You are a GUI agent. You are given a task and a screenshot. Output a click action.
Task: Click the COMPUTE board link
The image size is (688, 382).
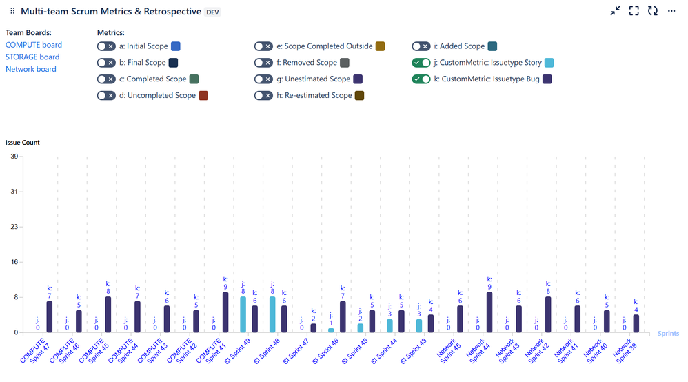(x=33, y=45)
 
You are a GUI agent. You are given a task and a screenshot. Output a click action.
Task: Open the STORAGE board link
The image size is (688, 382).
(x=32, y=57)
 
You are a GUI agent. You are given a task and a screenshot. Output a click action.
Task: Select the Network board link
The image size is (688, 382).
(x=31, y=69)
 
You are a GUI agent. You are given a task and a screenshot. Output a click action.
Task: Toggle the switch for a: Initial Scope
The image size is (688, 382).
(x=106, y=46)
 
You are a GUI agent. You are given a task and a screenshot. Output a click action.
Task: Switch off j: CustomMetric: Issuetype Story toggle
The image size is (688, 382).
(x=421, y=63)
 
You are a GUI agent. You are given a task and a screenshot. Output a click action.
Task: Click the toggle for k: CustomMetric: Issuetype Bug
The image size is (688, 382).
(x=421, y=79)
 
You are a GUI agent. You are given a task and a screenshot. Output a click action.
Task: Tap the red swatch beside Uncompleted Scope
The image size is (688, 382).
(x=203, y=96)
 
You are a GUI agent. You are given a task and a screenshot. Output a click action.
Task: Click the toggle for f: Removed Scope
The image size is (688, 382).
(x=263, y=63)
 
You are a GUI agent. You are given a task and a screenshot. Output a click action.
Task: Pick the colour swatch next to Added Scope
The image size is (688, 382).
(x=492, y=46)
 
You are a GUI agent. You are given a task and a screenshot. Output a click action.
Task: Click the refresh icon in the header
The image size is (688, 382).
(x=652, y=11)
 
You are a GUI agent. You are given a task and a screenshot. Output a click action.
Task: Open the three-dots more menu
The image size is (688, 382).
(x=671, y=11)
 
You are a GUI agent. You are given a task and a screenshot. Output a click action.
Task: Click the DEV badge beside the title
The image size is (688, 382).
(x=214, y=12)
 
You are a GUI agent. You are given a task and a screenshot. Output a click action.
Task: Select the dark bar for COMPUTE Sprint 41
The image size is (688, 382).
(x=225, y=312)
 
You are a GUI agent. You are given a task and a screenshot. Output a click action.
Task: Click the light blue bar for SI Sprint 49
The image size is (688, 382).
(x=243, y=314)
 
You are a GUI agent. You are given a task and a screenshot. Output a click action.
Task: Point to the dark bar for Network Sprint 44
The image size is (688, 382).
(x=489, y=312)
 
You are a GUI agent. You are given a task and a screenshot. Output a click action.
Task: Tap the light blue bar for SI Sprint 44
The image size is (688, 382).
(x=389, y=325)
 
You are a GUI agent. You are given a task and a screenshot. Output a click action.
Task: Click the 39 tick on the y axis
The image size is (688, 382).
(x=13, y=157)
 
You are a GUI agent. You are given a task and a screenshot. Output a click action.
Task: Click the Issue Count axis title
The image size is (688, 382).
(x=23, y=143)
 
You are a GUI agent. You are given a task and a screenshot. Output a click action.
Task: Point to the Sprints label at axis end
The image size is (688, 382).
(x=667, y=334)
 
